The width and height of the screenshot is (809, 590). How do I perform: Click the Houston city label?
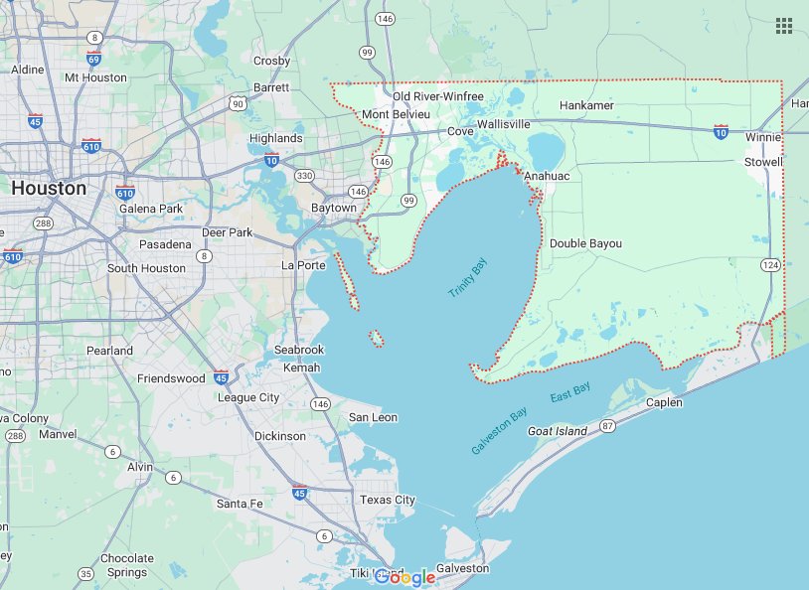pyautogui.click(x=48, y=187)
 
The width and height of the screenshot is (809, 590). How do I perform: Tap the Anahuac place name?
pyautogui.click(x=548, y=176)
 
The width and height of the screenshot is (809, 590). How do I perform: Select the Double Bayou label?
pyautogui.click(x=585, y=243)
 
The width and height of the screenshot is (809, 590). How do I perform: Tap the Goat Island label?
pyautogui.click(x=557, y=431)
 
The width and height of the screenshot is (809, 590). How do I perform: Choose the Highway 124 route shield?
pyautogui.click(x=770, y=265)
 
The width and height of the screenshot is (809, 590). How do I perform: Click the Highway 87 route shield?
pyautogui.click(x=608, y=426)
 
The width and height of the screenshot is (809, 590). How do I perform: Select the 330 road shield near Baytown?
pyautogui.click(x=305, y=176)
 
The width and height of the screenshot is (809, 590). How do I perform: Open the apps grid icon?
pyautogui.click(x=784, y=26)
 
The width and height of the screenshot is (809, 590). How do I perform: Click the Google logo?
pyautogui.click(x=405, y=577)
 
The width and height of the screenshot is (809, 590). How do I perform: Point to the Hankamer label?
pyautogui.click(x=586, y=105)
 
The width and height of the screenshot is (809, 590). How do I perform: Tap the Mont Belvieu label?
pyautogui.click(x=389, y=114)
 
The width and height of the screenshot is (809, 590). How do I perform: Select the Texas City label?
pyautogui.click(x=388, y=500)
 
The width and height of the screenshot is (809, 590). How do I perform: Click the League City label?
pyautogui.click(x=248, y=397)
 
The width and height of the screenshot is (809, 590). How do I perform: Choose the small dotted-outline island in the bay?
pyautogui.click(x=377, y=339)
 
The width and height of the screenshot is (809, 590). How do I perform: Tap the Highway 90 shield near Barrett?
pyautogui.click(x=237, y=103)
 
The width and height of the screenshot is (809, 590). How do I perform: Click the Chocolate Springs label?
pyautogui.click(x=127, y=565)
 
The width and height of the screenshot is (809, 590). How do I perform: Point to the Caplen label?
pyautogui.click(x=664, y=402)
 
